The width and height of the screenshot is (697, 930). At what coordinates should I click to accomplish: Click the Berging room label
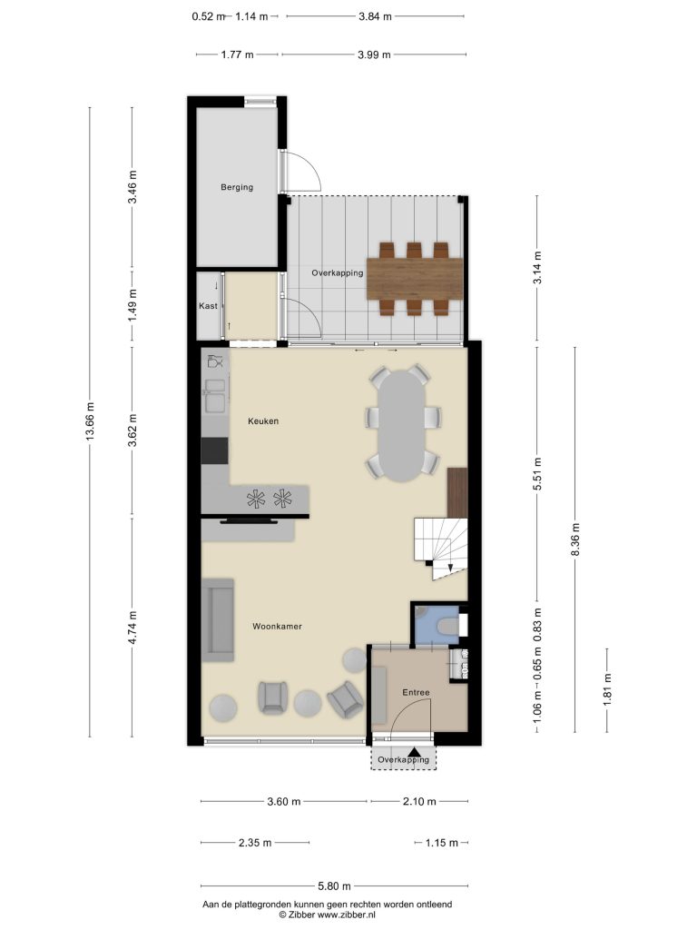[237, 187]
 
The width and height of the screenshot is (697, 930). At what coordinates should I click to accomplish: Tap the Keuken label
[263, 421]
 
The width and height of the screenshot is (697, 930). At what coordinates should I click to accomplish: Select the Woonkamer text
[277, 627]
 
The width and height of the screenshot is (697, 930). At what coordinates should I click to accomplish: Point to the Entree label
[416, 692]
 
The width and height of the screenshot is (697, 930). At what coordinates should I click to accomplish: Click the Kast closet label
[208, 306]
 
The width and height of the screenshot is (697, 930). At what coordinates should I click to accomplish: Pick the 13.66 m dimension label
[90, 421]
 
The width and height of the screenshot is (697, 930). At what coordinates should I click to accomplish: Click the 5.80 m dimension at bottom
[334, 886]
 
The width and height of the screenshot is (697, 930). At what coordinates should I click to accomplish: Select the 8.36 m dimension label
[574, 539]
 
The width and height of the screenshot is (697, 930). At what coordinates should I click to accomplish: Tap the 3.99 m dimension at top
[374, 54]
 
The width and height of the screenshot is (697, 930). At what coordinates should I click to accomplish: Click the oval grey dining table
[403, 425]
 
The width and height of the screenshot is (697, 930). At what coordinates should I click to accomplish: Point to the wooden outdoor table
[414, 279]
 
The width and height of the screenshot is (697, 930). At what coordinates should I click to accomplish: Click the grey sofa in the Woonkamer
[218, 619]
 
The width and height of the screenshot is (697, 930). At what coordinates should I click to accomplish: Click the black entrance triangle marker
[419, 751]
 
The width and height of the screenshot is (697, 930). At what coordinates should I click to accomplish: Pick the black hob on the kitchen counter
[214, 450]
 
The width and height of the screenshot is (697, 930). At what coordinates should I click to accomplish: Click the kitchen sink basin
[214, 396]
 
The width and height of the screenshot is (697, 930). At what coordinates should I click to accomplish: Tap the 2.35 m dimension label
[255, 843]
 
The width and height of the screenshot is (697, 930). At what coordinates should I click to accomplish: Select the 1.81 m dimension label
[607, 691]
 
